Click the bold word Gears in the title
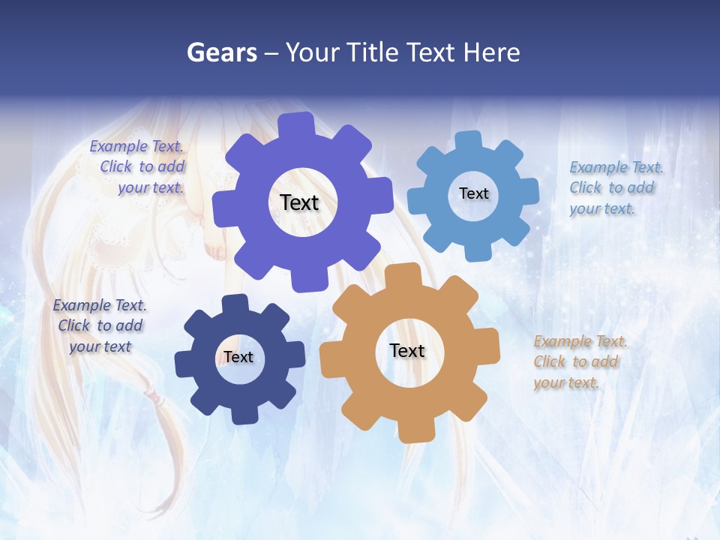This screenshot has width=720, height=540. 221,52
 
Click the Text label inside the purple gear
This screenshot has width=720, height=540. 299,202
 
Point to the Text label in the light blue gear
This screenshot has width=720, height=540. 473,193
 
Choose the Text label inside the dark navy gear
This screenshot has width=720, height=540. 238,357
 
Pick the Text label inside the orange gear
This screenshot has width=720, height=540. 407,350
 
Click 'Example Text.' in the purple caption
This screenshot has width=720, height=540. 136,146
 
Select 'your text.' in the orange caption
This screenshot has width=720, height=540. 565,382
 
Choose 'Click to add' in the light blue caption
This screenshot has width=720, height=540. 611,187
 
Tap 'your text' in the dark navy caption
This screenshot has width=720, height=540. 100,346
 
